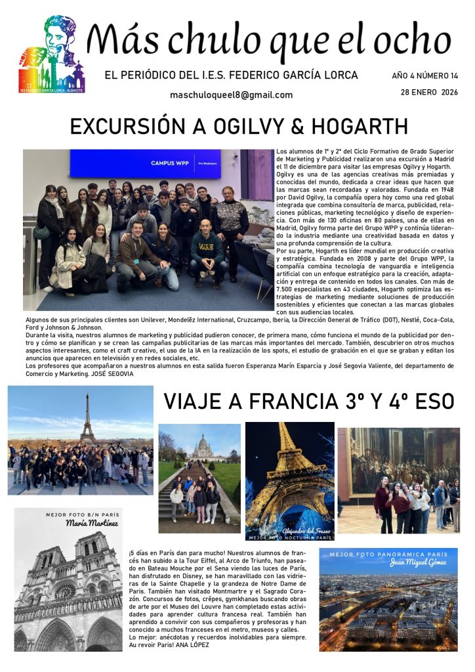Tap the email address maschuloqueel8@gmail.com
point(231,95)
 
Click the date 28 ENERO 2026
point(429,92)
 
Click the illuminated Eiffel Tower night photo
point(289,479)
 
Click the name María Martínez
point(91,524)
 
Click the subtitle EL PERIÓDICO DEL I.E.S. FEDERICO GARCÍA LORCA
point(231,75)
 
